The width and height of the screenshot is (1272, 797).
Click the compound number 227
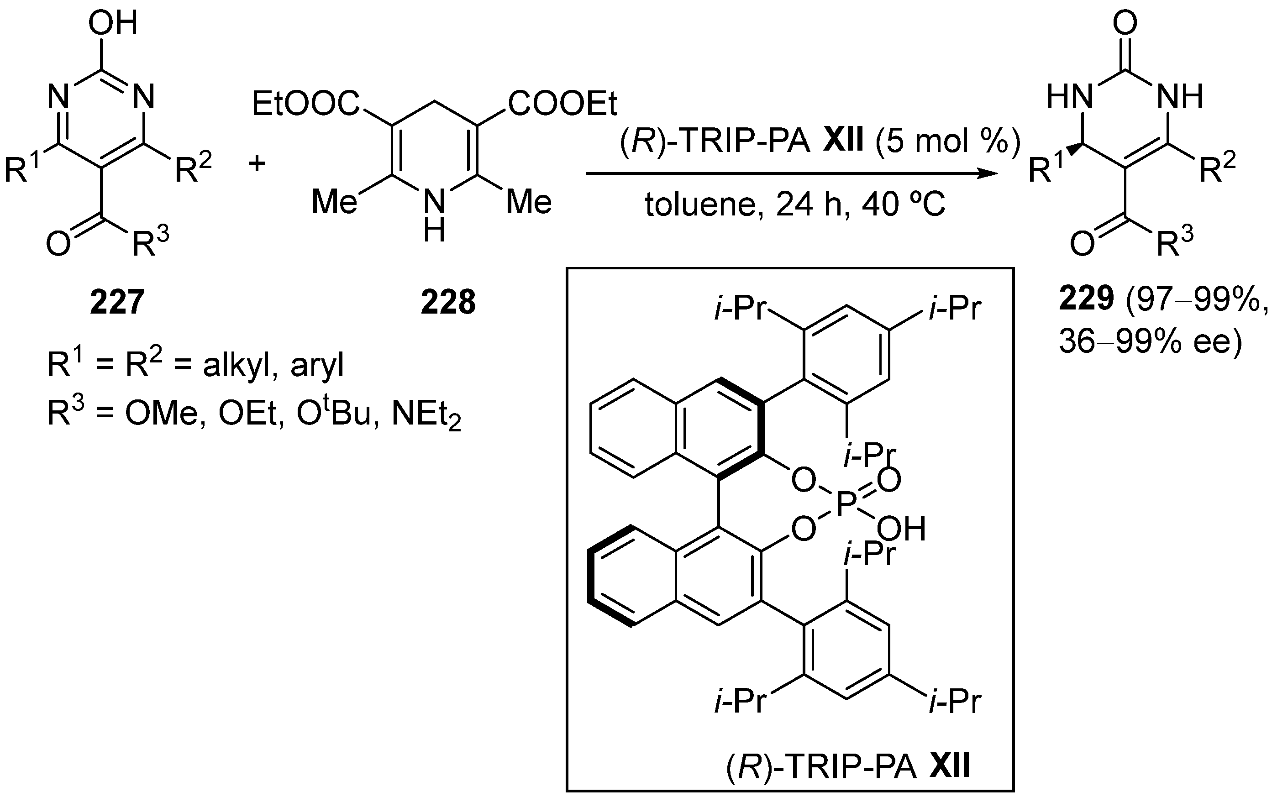[x=117, y=303]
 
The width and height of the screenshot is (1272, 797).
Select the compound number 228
[x=448, y=303]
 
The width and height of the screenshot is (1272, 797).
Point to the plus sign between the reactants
[x=257, y=164]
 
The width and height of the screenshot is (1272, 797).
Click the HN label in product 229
[x=1069, y=98]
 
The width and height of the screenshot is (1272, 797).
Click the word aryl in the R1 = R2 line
[x=317, y=365]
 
